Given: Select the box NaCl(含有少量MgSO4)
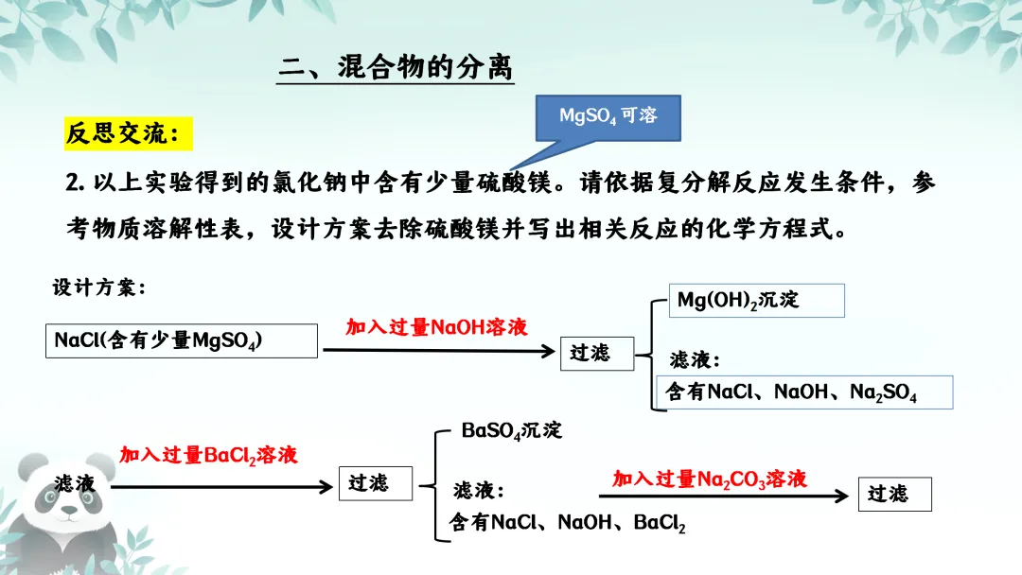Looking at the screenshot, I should click(181, 341).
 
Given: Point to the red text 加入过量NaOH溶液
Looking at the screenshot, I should click(436, 327).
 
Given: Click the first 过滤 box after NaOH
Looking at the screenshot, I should click(596, 353).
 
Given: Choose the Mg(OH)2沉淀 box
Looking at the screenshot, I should click(755, 301).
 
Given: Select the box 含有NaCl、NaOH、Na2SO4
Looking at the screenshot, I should click(803, 392).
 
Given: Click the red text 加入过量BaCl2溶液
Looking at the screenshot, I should click(208, 455).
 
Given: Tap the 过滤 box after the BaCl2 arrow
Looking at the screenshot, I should click(376, 483).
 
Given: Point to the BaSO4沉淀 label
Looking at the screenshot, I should click(511, 430).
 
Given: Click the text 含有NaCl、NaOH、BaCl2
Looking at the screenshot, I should click(568, 522).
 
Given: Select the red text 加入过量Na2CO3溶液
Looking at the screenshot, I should click(710, 479).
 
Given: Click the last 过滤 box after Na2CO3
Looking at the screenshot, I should click(894, 494).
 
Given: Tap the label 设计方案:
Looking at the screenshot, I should click(99, 288).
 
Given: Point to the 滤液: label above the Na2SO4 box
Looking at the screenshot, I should click(695, 359).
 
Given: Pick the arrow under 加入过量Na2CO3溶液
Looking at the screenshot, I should click(724, 496).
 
